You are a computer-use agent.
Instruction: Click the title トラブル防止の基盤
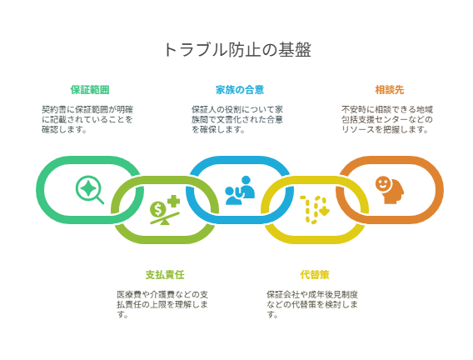pyautogui.click(x=237, y=50)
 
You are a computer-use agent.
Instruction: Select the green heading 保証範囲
pyautogui.click(x=90, y=90)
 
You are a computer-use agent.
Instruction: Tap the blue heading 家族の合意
pyautogui.click(x=240, y=90)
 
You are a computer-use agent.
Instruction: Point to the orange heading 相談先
pyautogui.click(x=390, y=90)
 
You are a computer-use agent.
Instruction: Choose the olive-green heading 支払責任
pyautogui.click(x=165, y=275)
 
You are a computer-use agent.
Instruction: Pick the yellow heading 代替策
pyautogui.click(x=315, y=275)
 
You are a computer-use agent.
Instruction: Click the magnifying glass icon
pyautogui.click(x=90, y=190)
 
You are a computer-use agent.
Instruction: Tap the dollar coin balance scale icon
pyautogui.click(x=165, y=210)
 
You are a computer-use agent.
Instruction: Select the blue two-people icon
pyautogui.click(x=240, y=190)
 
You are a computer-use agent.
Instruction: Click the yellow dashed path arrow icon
pyautogui.click(x=315, y=210)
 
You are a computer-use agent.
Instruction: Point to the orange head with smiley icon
pyautogui.click(x=390, y=190)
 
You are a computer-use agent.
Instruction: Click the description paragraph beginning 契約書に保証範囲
pyautogui.click(x=87, y=119)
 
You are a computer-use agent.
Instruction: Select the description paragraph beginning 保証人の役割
pyautogui.click(x=237, y=119)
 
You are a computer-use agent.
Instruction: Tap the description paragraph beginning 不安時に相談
pyautogui.click(x=387, y=119)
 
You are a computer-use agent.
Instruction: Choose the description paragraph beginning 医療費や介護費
pyautogui.click(x=162, y=304)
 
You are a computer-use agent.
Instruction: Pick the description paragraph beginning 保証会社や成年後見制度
pyautogui.click(x=312, y=304)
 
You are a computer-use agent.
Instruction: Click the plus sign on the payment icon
pyautogui.click(x=173, y=202)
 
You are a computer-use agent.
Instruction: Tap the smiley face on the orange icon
pyautogui.click(x=382, y=183)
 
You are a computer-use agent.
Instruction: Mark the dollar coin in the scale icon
pyautogui.click(x=157, y=209)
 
